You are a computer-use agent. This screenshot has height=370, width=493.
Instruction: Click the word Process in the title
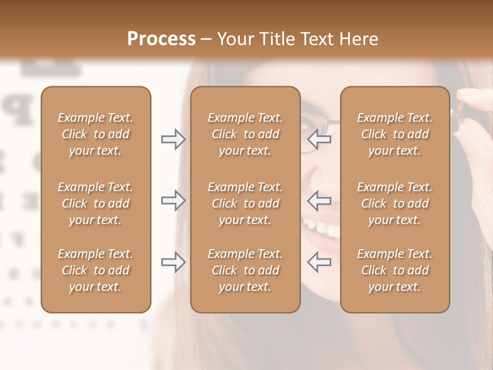(161, 39)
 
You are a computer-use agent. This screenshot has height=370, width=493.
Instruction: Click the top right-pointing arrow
(173, 139)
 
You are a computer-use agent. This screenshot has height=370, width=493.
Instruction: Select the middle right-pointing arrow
(173, 200)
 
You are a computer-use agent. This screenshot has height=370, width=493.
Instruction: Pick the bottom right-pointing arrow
(173, 262)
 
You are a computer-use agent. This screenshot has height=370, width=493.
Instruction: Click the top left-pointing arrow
(319, 139)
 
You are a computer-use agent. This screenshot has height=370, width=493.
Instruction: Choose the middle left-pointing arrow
(319, 200)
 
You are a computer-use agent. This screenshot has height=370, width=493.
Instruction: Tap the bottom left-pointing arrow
(319, 262)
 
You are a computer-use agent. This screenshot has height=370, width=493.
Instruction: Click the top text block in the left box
(96, 134)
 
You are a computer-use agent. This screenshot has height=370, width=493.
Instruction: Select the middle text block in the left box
(96, 203)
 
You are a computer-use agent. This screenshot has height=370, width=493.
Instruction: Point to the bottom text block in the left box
(96, 270)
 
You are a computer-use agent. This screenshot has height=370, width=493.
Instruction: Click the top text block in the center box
(245, 134)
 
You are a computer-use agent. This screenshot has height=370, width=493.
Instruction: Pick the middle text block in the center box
(245, 203)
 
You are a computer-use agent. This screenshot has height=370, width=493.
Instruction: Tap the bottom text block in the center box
(245, 270)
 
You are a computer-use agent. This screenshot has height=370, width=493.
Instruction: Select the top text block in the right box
(395, 134)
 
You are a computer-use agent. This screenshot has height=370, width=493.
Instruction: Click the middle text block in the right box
(395, 203)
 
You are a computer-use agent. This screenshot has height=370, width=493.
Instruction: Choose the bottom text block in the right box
(395, 270)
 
